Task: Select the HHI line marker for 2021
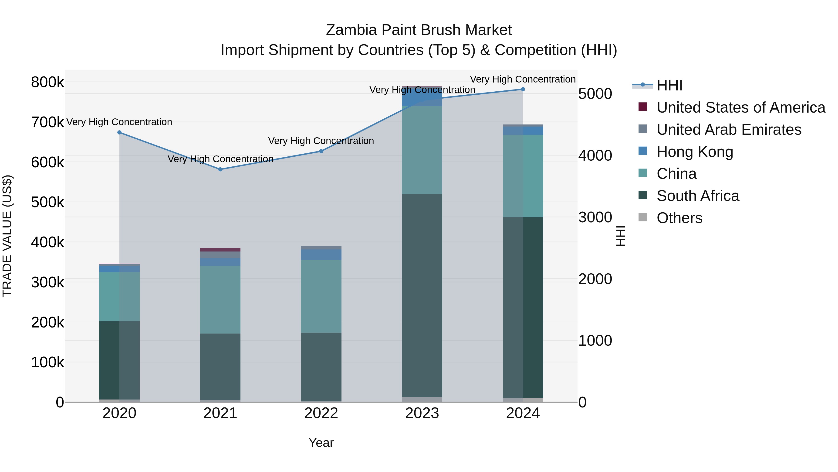tap(220, 169)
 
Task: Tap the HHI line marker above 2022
tap(321, 151)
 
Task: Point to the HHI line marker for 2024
tap(523, 89)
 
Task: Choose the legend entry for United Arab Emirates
tap(729, 130)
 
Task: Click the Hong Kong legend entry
tap(695, 152)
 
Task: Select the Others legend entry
tap(679, 218)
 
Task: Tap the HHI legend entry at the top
tap(669, 85)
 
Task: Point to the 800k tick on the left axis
tap(47, 82)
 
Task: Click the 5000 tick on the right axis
tap(595, 94)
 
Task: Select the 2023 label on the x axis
tap(422, 413)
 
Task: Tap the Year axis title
tap(321, 443)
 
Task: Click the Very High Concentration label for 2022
tap(321, 141)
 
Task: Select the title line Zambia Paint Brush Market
tap(419, 30)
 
